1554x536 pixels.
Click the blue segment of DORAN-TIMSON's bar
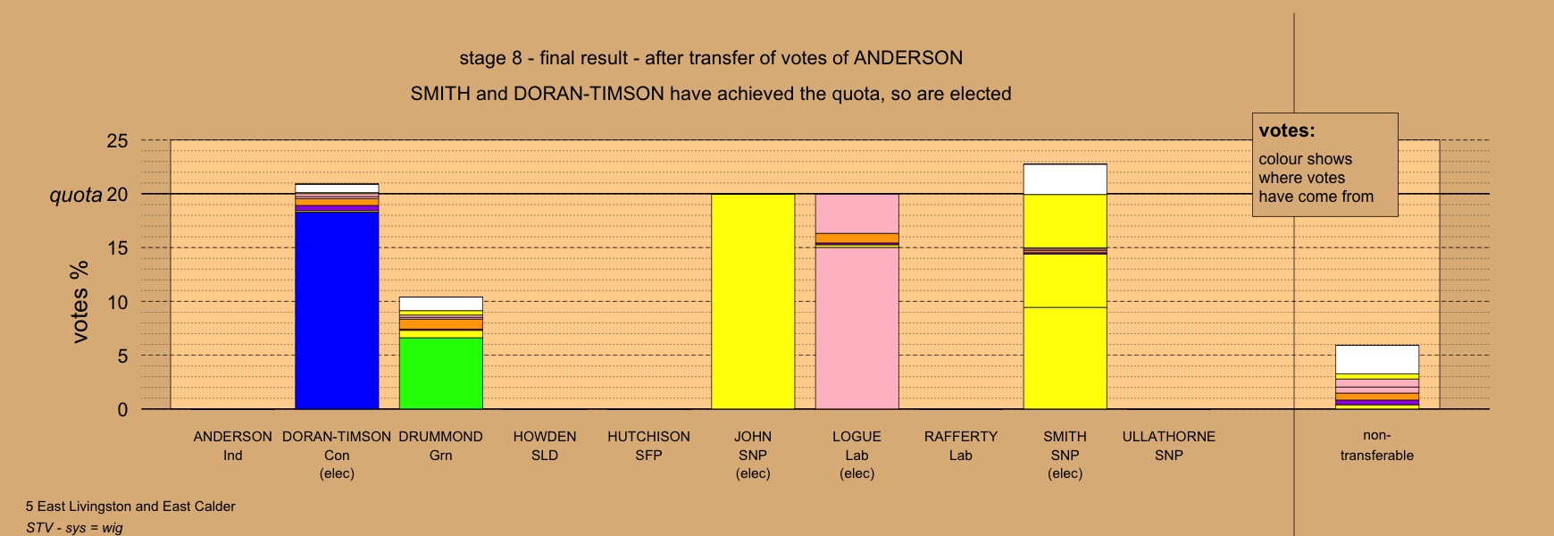337,310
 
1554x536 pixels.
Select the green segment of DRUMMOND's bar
440,373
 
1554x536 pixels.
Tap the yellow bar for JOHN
753,302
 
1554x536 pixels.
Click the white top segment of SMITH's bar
1065,179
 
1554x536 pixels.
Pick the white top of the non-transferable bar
1376,359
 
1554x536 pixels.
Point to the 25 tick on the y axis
118,141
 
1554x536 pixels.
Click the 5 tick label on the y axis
123,356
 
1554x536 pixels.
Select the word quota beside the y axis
76,195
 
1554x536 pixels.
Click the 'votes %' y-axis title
79,302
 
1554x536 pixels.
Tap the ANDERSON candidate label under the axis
232,437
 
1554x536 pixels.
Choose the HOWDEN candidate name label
545,437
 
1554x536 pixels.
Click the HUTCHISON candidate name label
648,437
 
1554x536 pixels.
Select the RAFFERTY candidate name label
961,437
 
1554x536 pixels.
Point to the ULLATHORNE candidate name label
1169,437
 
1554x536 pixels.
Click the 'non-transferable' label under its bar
1376,446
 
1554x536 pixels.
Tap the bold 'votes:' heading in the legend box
1287,130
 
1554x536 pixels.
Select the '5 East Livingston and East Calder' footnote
130,507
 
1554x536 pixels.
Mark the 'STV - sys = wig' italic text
74,528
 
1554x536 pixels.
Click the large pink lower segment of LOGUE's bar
856,328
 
